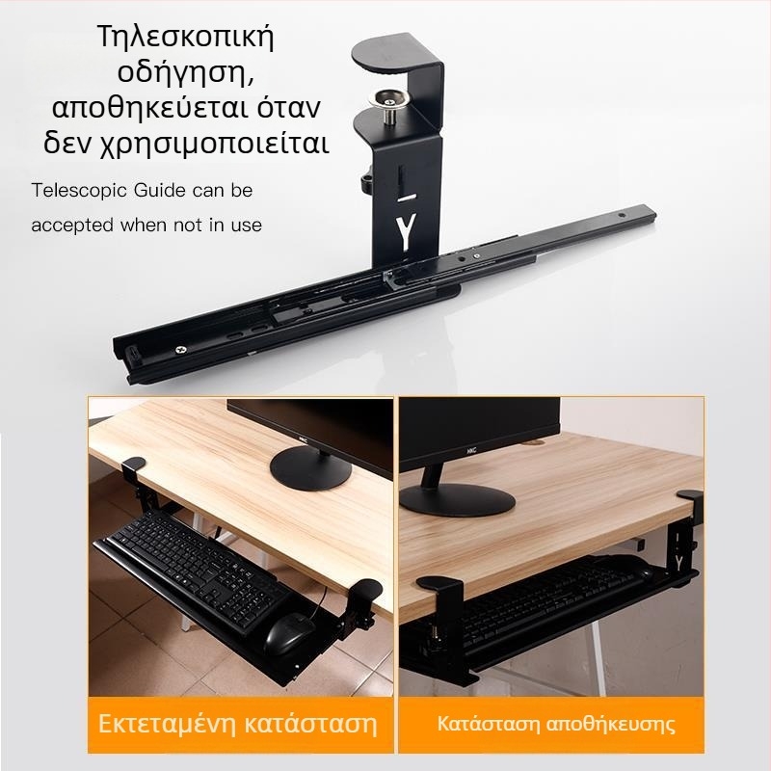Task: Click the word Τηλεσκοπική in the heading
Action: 185,38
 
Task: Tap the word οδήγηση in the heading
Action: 185,73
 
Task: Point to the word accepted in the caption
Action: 72,226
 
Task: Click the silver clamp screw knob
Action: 389,105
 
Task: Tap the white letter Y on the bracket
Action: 406,232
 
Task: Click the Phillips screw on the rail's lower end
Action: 181,350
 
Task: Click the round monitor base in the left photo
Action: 310,470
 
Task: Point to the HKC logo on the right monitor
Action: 471,449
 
